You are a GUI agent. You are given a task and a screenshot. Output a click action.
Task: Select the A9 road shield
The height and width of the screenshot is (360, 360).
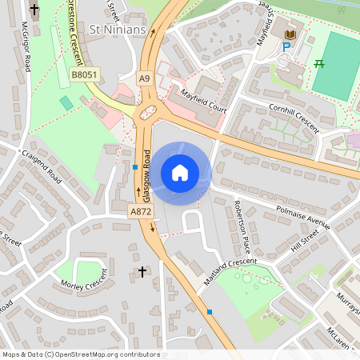coord(143,78)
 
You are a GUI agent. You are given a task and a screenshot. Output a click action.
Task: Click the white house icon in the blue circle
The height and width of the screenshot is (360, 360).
coord(180,172)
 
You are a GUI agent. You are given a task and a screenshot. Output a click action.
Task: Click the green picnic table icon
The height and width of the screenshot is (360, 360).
coord(319,63)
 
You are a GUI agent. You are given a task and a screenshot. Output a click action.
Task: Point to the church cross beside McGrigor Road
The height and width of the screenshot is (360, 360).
coord(34,10)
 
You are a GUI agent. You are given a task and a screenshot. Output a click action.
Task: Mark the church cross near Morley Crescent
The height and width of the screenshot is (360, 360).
coord(142,272)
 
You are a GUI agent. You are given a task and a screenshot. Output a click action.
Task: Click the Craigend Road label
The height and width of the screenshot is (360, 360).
coord(42,165)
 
